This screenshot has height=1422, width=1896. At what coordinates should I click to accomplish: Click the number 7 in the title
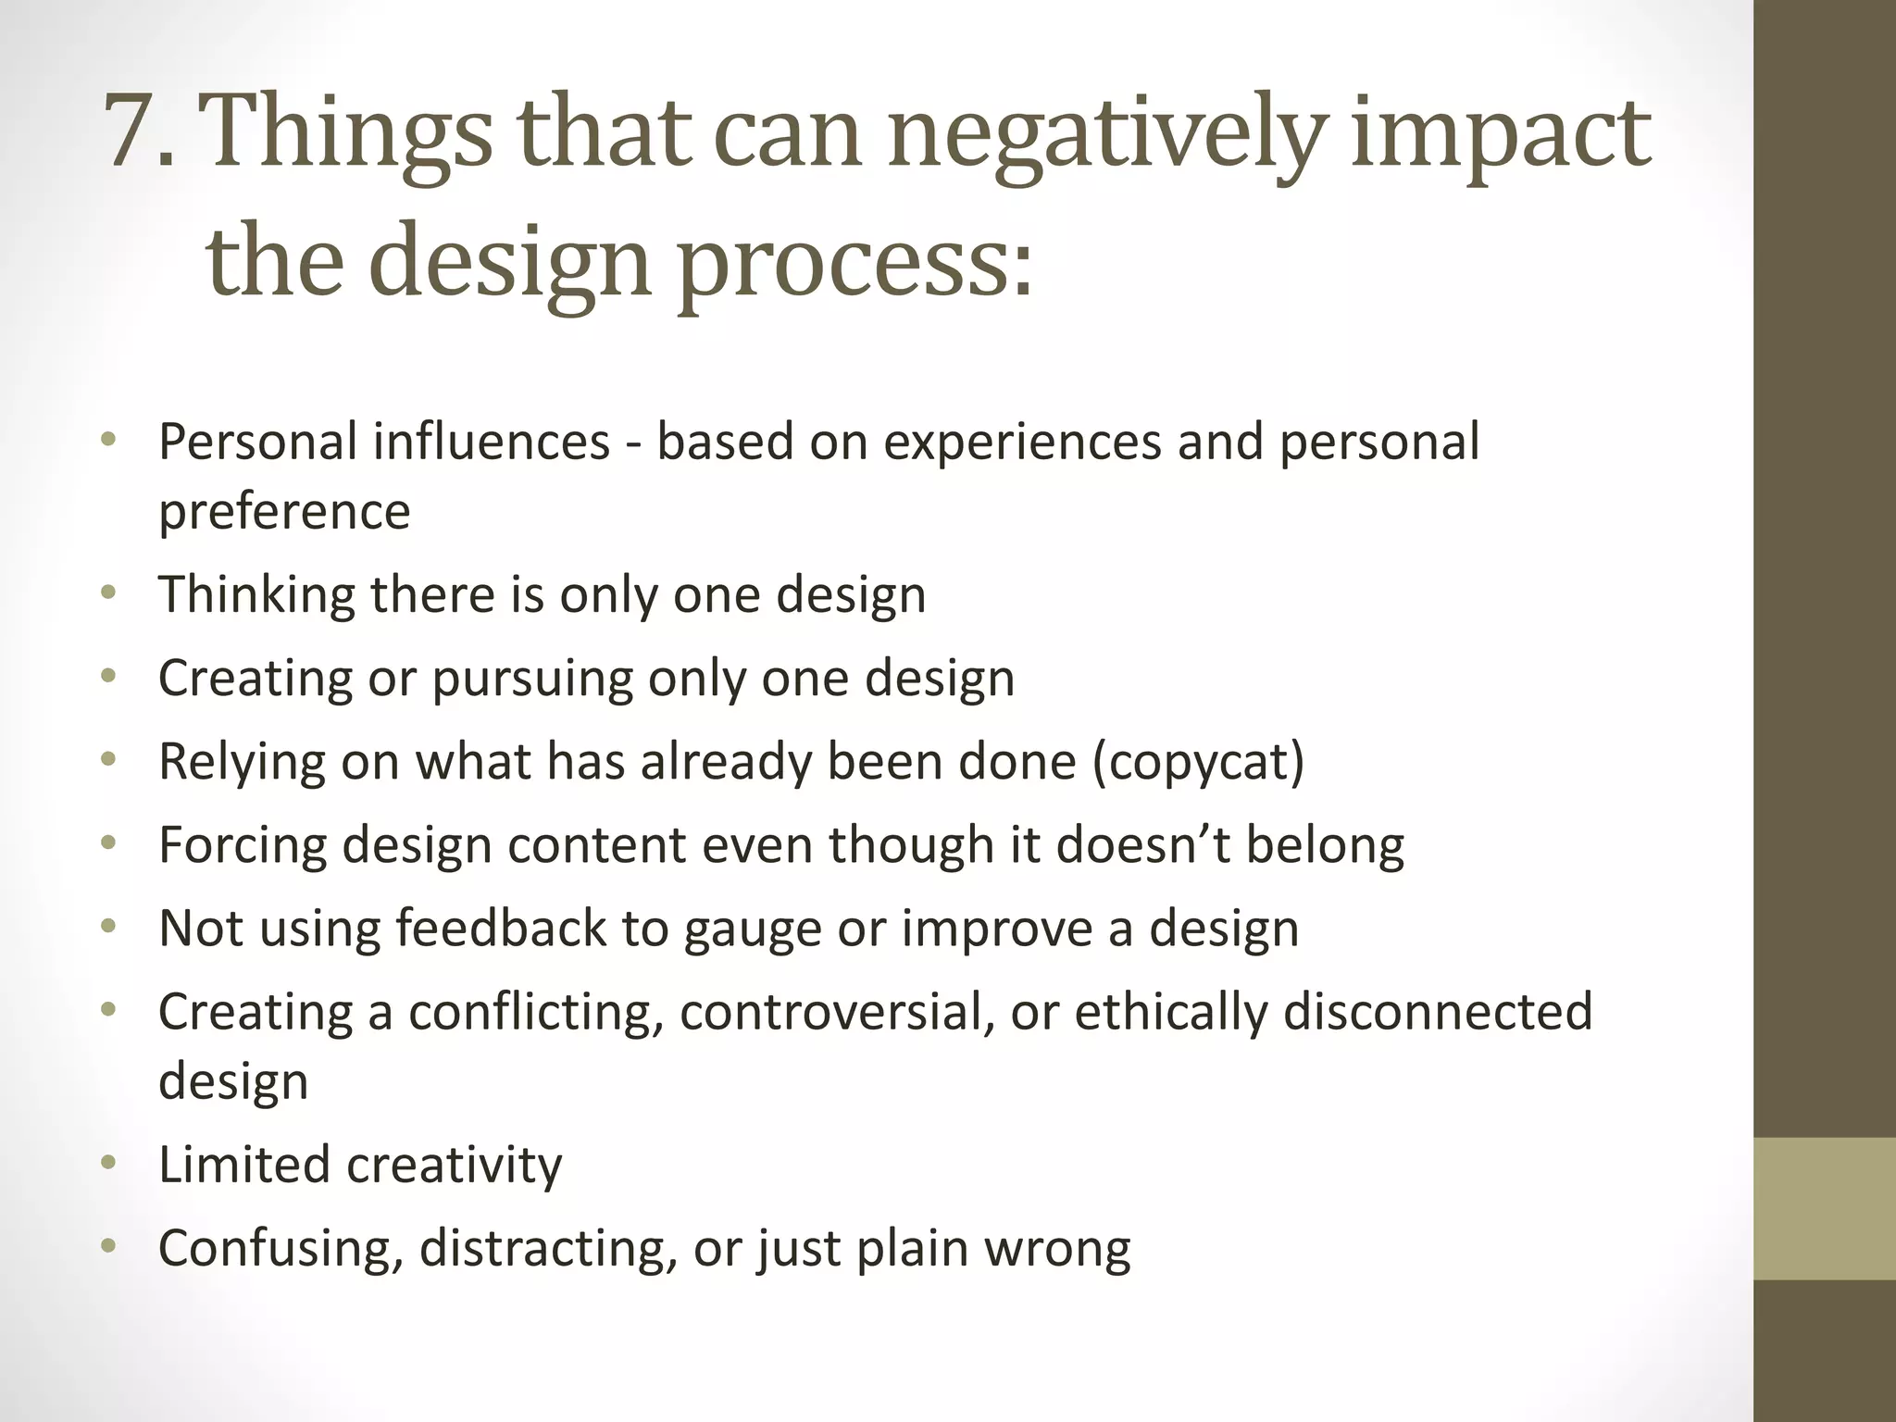[130, 132]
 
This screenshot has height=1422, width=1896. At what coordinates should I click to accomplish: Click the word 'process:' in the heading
[856, 264]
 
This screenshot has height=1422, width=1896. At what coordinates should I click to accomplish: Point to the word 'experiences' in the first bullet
[1022, 442]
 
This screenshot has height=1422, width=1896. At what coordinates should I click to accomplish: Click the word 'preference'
[284, 512]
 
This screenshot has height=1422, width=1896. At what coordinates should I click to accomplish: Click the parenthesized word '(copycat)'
[1199, 763]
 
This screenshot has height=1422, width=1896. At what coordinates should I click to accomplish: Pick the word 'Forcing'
[242, 846]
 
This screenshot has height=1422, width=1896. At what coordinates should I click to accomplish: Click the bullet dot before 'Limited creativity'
[109, 1163]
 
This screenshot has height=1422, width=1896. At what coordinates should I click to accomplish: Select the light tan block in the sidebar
[1824, 1208]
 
